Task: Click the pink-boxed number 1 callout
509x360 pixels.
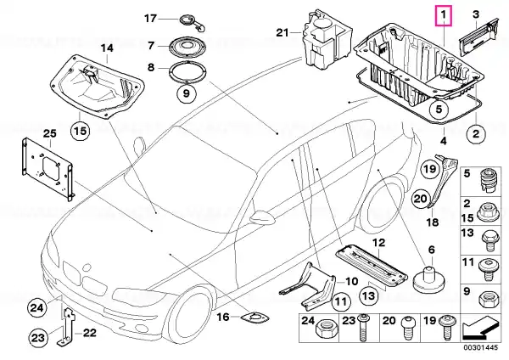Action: [444, 15]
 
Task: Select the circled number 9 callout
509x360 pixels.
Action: [186, 93]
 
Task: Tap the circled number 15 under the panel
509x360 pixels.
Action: [81, 131]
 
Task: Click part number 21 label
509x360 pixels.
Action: [282, 32]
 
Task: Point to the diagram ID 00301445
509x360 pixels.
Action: [480, 347]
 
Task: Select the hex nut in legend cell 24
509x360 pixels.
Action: [327, 332]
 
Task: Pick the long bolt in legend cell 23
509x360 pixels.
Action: [362, 327]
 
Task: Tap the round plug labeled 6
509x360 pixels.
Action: [429, 280]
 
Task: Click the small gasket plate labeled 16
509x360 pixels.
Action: [255, 318]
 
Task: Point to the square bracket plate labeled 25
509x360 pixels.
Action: [48, 169]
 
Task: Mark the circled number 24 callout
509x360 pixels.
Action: [36, 307]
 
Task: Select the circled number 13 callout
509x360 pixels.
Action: [369, 295]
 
